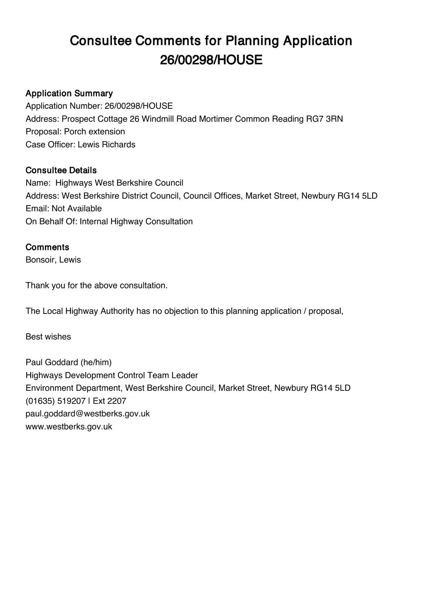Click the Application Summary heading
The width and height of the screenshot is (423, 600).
coord(69,93)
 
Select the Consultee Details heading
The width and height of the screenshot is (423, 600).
coord(61,170)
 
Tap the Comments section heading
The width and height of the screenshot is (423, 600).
coord(47,247)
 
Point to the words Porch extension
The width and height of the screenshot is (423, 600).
coord(94,132)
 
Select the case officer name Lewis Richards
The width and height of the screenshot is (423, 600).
coord(106,144)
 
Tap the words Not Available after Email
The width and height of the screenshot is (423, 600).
coord(76,208)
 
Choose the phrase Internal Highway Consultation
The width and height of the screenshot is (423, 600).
coord(136,221)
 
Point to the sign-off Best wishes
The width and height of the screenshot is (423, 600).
coord(48,337)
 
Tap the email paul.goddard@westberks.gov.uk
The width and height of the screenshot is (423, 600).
coord(88,414)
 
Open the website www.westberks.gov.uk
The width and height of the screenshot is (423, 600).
coord(69,426)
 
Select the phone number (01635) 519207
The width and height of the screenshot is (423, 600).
coord(55,401)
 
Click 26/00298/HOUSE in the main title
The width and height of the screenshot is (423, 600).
coord(211,60)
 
